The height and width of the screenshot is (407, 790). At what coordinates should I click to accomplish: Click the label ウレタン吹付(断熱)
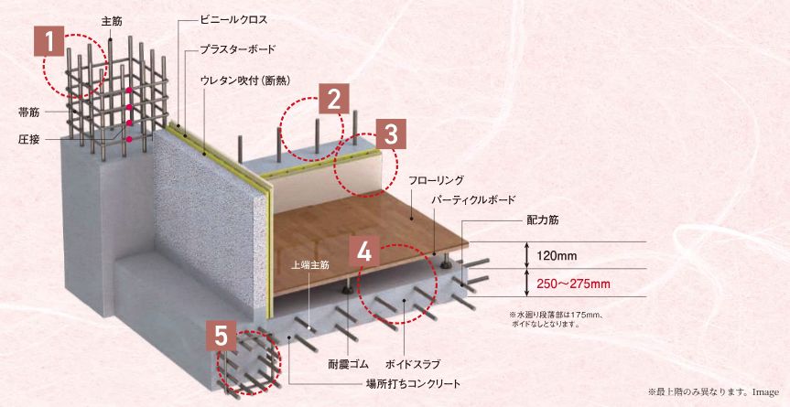[x=244, y=80]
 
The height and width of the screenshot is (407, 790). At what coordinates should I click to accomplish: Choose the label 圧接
[x=28, y=139]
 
